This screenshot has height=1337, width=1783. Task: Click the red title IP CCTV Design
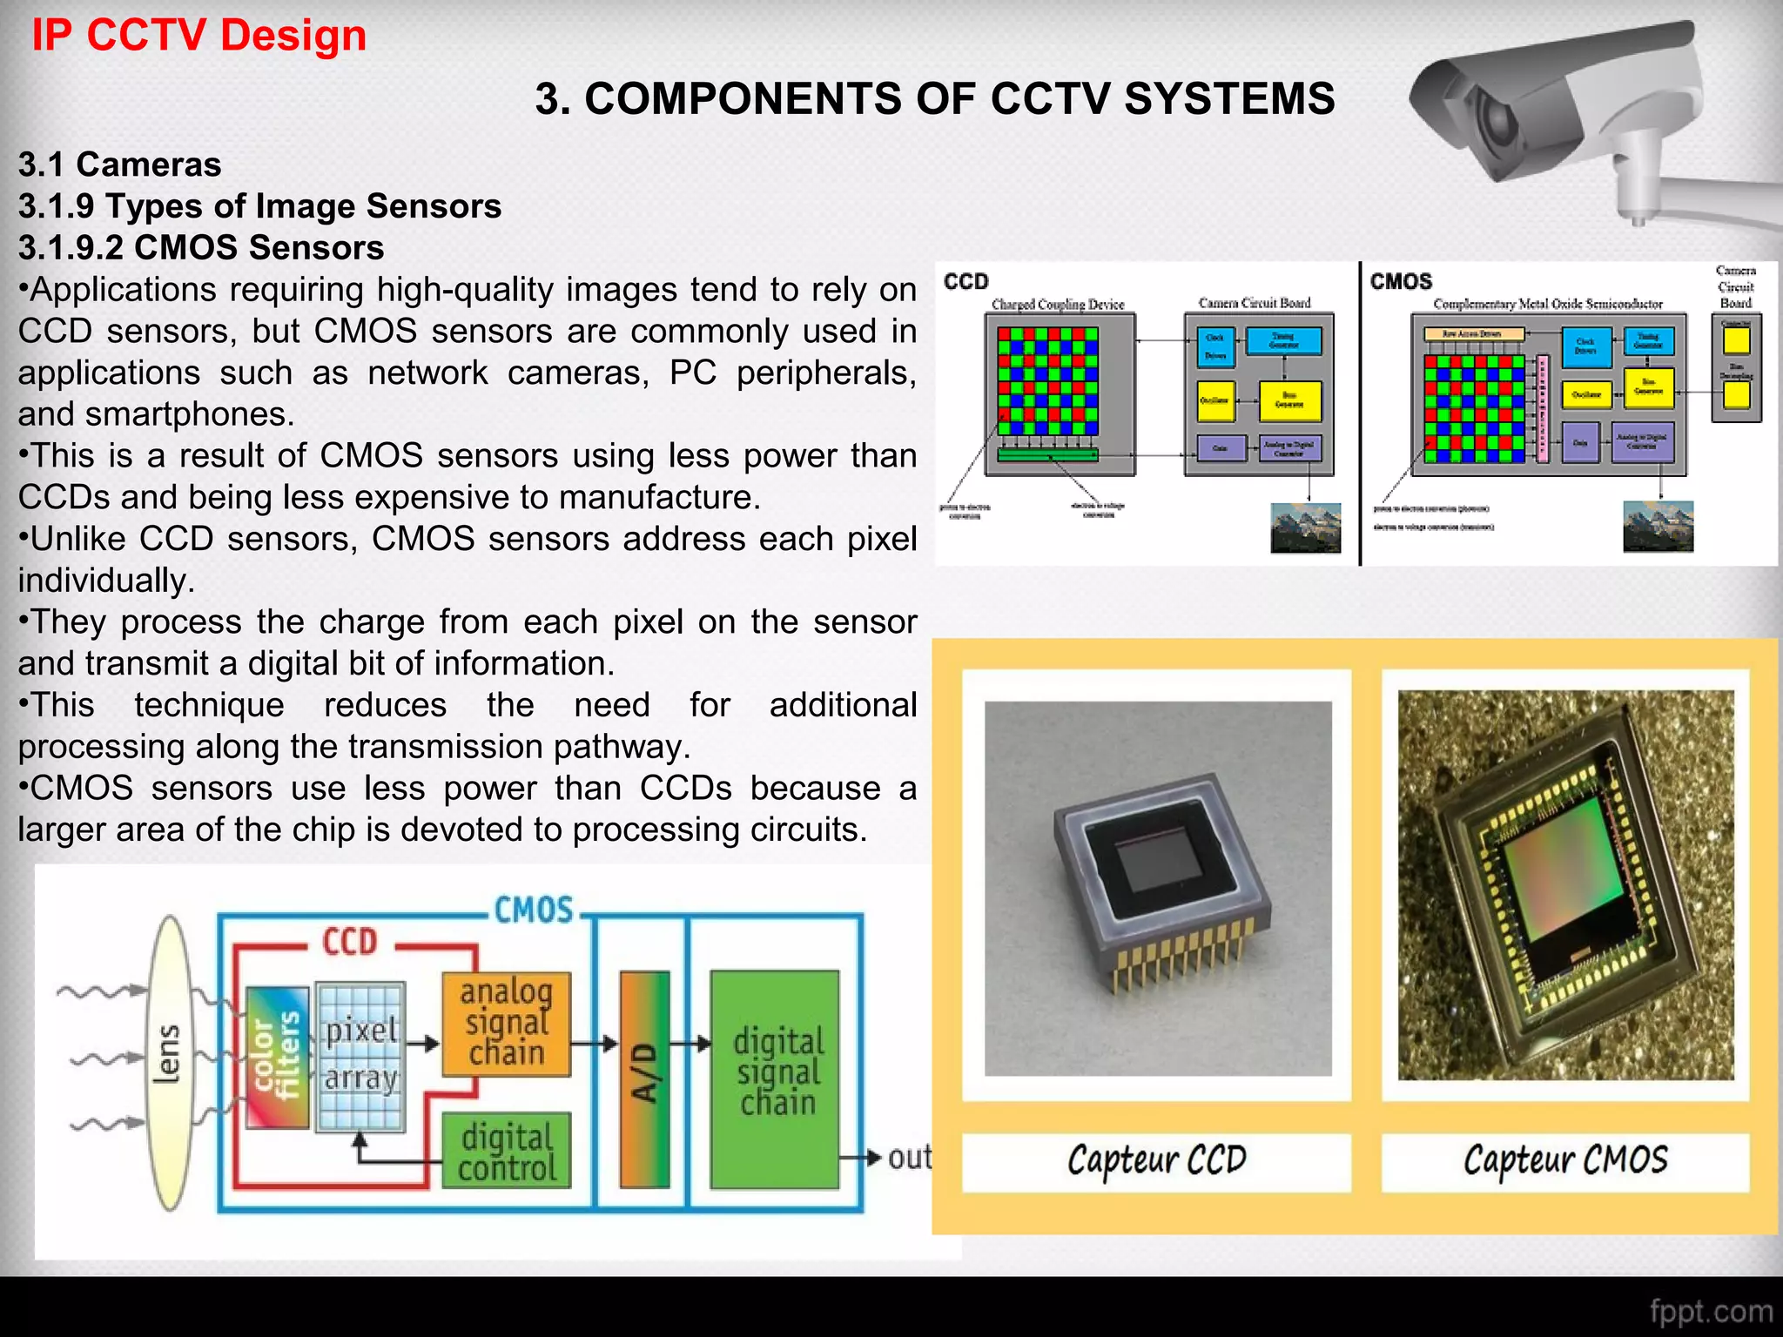click(198, 36)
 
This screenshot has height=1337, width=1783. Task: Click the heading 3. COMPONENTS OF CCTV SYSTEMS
click(934, 98)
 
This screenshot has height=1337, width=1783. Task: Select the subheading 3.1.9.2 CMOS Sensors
click(201, 248)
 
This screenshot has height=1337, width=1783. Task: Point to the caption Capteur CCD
click(1156, 1160)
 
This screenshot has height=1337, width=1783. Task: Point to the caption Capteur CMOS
click(1564, 1160)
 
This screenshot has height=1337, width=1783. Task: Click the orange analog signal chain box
click(506, 1024)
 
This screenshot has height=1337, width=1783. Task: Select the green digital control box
click(506, 1151)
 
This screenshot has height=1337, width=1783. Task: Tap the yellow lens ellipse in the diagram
click(170, 1062)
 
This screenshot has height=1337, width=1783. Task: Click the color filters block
click(277, 1057)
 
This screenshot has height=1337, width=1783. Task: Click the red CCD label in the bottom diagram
click(350, 943)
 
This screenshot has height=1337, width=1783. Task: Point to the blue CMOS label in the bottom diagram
click(534, 911)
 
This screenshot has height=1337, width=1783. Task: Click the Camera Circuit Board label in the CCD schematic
click(1254, 303)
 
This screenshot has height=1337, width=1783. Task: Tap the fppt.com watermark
click(1710, 1311)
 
